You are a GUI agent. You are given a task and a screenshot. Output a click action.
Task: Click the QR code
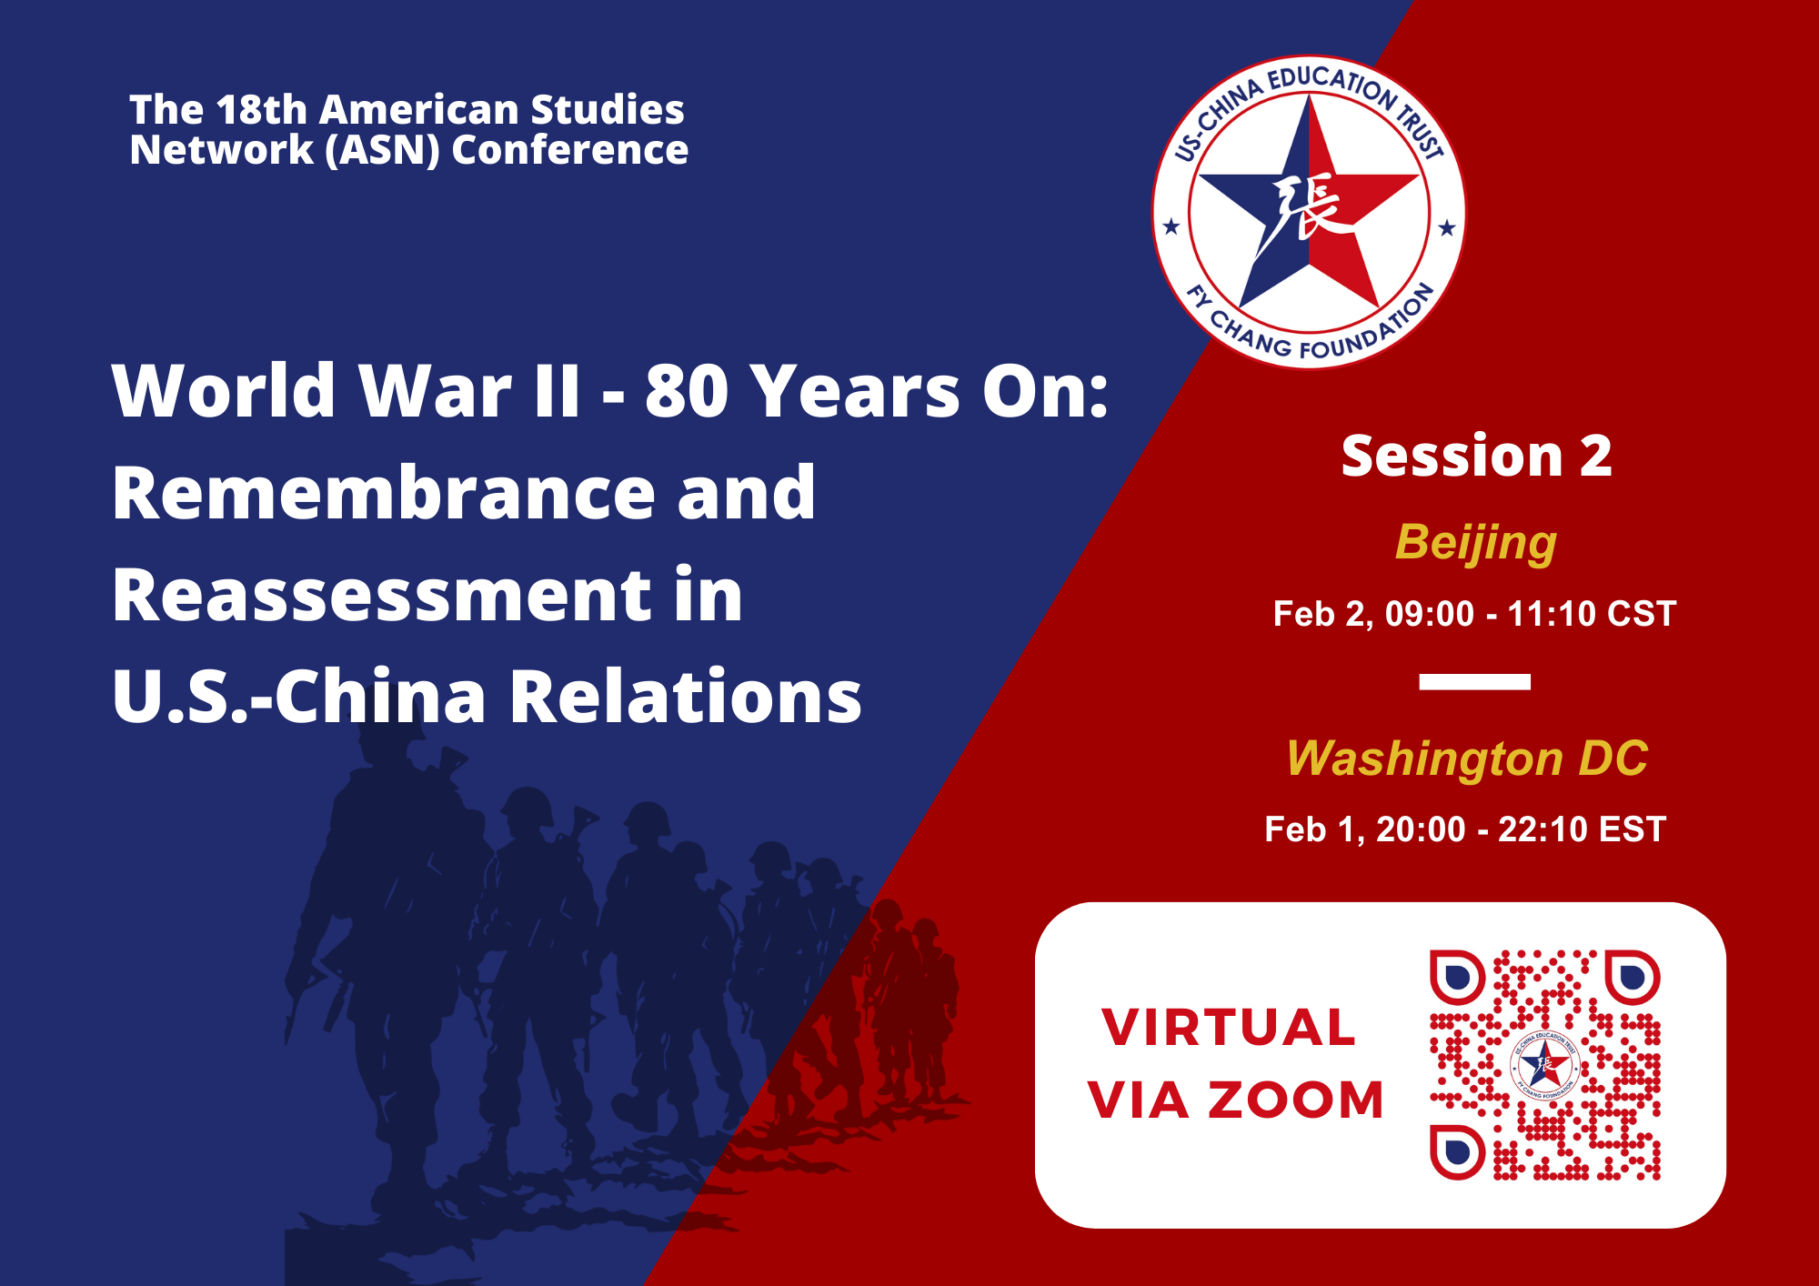click(x=1545, y=1065)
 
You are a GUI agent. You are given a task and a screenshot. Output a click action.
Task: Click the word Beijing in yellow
click(x=1475, y=543)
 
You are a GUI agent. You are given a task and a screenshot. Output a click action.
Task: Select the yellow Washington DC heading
click(x=1466, y=759)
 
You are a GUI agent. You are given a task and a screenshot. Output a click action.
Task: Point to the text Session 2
click(x=1476, y=456)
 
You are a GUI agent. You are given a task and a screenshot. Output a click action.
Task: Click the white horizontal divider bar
click(x=1474, y=682)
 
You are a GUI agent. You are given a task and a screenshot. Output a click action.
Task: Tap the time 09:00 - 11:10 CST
click(x=1531, y=614)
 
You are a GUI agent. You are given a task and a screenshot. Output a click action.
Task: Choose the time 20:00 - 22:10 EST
click(x=1521, y=829)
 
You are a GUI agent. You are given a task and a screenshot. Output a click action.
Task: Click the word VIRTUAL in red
click(x=1229, y=1028)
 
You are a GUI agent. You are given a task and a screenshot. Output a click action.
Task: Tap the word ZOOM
click(x=1295, y=1100)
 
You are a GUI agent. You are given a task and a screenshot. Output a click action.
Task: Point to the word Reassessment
click(x=382, y=595)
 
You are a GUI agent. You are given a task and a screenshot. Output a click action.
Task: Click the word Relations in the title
click(x=686, y=696)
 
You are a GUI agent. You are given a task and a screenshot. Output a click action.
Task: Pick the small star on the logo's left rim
click(x=1171, y=226)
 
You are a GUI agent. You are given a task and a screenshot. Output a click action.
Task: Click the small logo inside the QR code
click(x=1544, y=1065)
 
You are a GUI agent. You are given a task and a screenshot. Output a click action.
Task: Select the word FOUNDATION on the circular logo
click(x=1369, y=327)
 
